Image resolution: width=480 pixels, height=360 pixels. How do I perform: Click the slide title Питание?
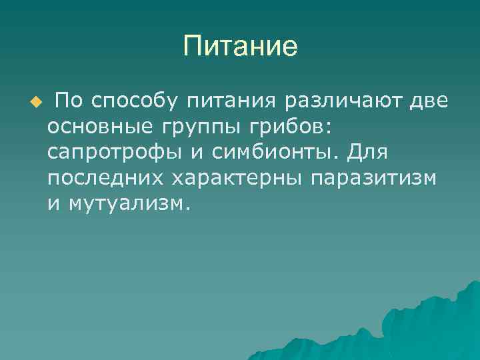(240, 47)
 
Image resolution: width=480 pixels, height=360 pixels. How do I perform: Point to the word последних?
(106, 179)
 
